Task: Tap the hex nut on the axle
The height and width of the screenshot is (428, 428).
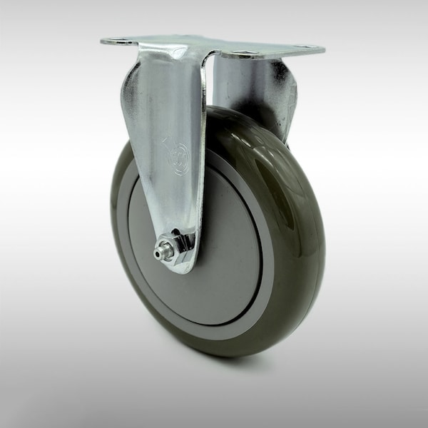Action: point(170,245)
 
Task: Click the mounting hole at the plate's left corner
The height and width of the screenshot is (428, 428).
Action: point(118,41)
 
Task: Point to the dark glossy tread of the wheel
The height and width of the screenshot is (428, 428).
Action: point(300,235)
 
